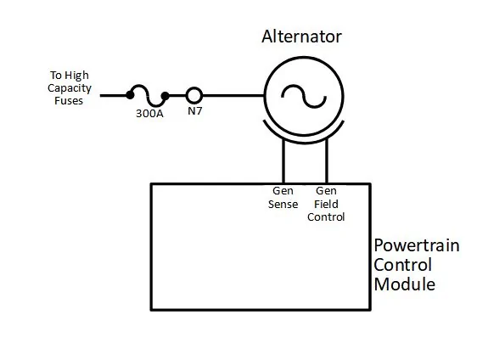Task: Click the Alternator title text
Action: [x=301, y=37]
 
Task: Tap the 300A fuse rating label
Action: [x=149, y=114]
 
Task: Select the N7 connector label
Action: [x=195, y=110]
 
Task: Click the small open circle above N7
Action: [x=194, y=87]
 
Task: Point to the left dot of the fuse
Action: [x=130, y=95]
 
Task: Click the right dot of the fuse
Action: [x=165, y=96]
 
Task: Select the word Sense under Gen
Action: [x=283, y=205]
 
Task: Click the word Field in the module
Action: [x=326, y=205]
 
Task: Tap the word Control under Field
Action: [x=326, y=217]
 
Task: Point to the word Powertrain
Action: [x=417, y=245]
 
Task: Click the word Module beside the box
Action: [x=404, y=284]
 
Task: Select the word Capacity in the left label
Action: [x=70, y=88]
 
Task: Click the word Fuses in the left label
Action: [x=69, y=101]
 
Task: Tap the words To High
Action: [x=70, y=76]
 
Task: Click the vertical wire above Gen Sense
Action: [x=283, y=161]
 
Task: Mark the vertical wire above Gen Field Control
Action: [x=327, y=161]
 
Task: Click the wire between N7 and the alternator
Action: [x=233, y=95]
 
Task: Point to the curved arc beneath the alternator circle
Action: [x=304, y=142]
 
